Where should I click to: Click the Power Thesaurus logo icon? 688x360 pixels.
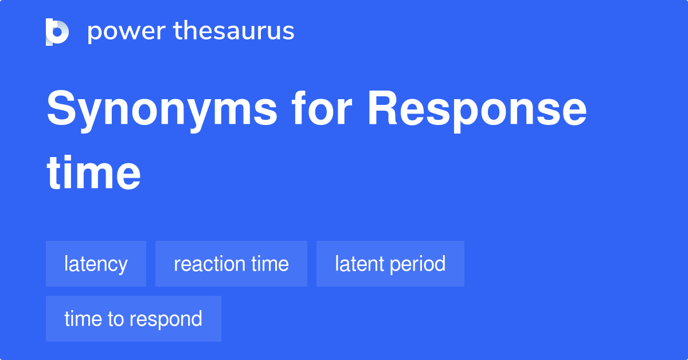pos(57,32)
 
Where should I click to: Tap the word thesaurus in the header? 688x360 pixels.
pos(234,30)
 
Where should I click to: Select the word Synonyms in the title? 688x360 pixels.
pos(162,111)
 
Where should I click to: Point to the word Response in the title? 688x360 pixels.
pos(477,111)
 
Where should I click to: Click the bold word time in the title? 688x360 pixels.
pos(93,173)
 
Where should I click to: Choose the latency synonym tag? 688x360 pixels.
pos(96,264)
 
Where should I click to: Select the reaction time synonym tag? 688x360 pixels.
pos(231,264)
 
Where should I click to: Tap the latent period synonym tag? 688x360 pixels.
pos(390,264)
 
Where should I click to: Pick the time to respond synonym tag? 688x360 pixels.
pos(134,319)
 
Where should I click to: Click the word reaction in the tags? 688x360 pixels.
pos(210,264)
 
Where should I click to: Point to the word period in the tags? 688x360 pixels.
pos(418,264)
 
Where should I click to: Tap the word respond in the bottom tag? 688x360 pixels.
pos(166,319)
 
